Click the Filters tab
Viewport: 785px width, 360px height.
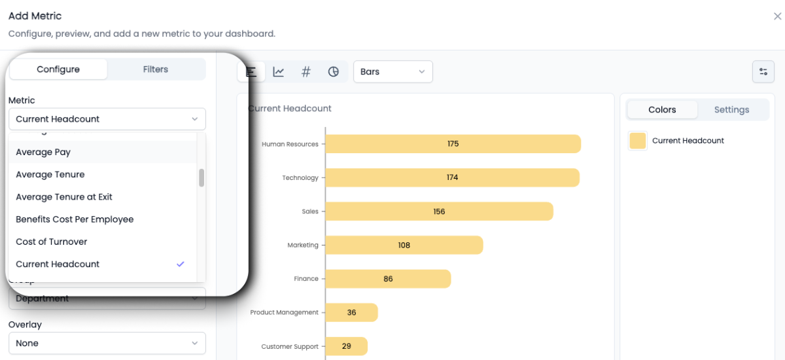[x=156, y=69]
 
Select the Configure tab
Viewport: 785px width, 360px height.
[x=58, y=69]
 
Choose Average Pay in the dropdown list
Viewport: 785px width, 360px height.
[x=43, y=152]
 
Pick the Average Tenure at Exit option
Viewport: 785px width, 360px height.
[x=64, y=197]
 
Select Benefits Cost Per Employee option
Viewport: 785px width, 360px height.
[x=75, y=219]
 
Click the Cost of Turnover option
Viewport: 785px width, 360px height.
[x=52, y=242]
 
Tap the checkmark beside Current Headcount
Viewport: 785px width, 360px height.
[x=181, y=264]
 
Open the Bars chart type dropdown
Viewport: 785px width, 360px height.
[x=392, y=72]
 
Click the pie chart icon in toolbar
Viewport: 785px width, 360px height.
[x=334, y=72]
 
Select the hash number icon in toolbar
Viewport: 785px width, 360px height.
[x=305, y=72]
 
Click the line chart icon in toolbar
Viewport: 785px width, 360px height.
[x=279, y=72]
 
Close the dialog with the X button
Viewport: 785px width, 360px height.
[x=777, y=16]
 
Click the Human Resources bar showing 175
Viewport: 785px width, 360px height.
[x=453, y=144]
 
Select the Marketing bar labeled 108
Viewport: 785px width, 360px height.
[x=404, y=245]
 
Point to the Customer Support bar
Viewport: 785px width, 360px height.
[x=346, y=346]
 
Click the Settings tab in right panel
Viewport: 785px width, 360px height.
[x=731, y=110]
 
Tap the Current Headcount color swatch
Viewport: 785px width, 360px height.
[x=637, y=141]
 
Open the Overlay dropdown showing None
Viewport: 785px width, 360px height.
[x=107, y=343]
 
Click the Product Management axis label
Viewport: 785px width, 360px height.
[x=284, y=313]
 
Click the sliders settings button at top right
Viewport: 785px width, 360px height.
[x=763, y=72]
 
